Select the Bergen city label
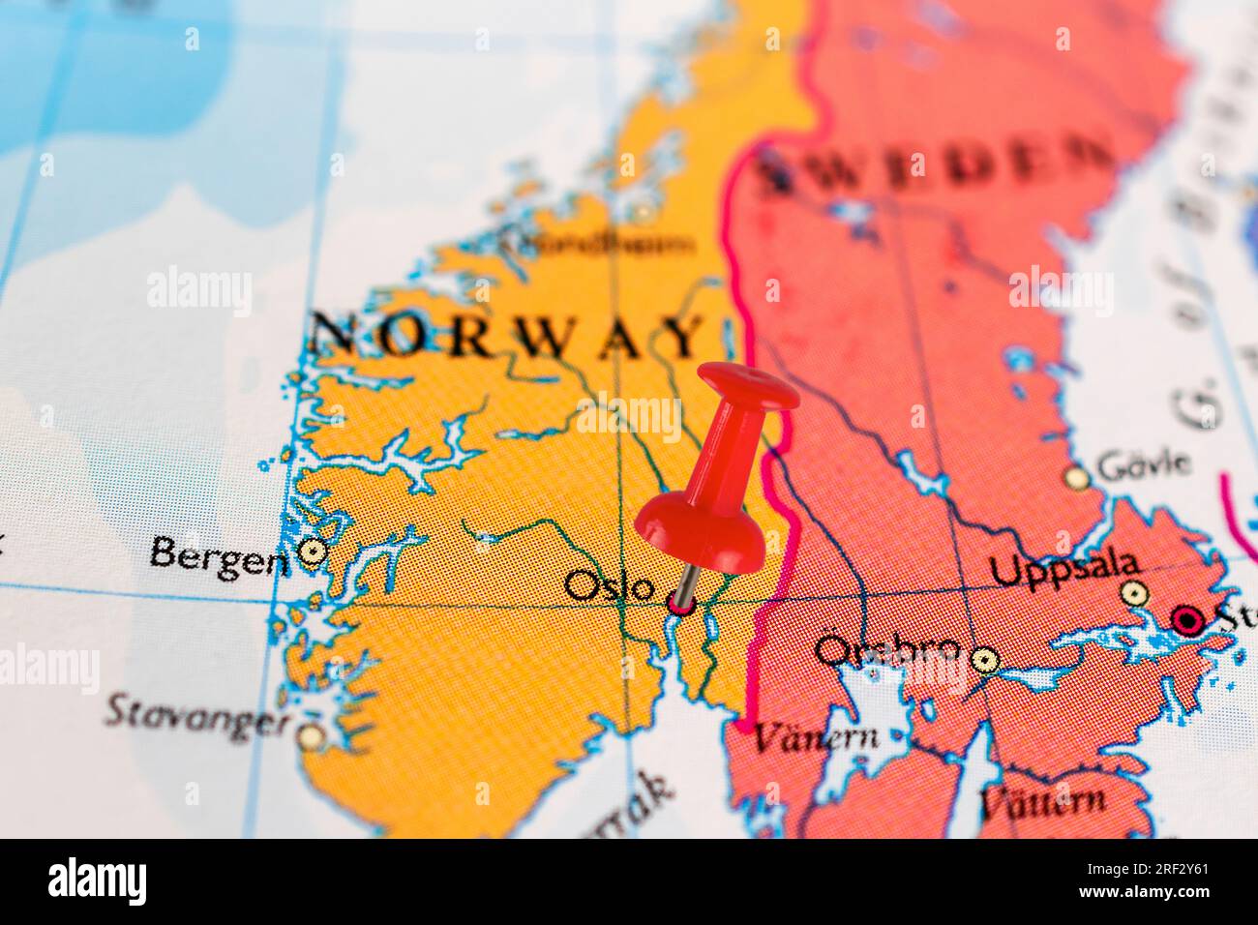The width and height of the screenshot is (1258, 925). coord(220,555)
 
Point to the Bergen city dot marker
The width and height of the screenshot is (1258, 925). coord(312,552)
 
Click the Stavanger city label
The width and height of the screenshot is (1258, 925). coord(197,716)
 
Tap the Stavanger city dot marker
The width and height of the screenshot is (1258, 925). coord(310,737)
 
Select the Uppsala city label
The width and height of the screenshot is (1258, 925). coord(1065,568)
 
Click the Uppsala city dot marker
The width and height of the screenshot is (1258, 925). coord(1130,592)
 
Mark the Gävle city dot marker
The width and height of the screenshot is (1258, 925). coord(1076,476)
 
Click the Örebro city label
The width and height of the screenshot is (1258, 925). coord(887,649)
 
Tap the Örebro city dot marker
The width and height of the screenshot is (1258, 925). coord(985,659)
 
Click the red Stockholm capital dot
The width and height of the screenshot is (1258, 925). coord(1186,618)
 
